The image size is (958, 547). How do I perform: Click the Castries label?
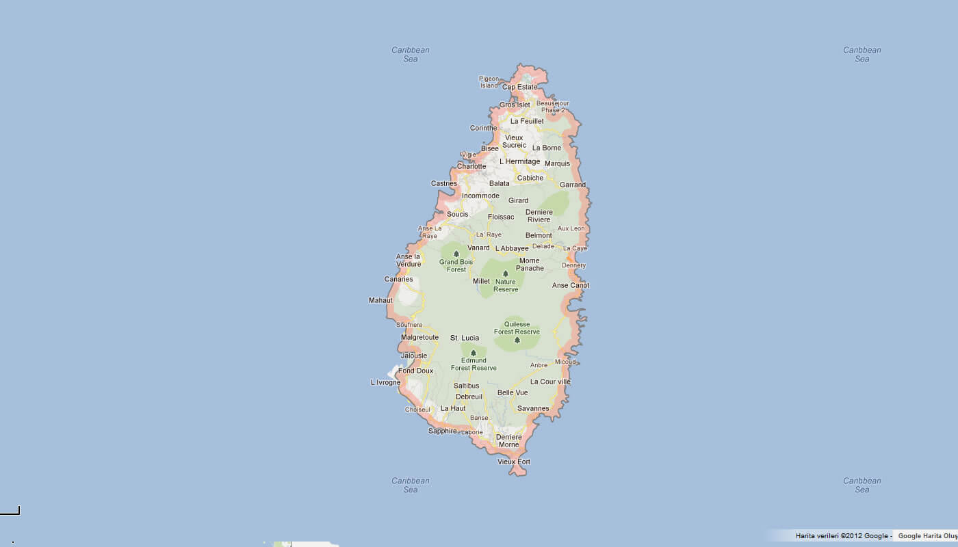click(x=443, y=183)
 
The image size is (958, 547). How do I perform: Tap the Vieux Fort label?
click(x=514, y=462)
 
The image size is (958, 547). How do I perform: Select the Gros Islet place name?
click(x=515, y=105)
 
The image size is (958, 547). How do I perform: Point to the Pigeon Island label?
click(x=489, y=82)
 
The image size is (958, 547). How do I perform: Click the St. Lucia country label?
click(x=465, y=338)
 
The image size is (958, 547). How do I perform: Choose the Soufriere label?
click(x=409, y=325)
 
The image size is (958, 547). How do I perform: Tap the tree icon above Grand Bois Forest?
click(x=456, y=254)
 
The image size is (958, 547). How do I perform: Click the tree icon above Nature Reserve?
click(x=506, y=273)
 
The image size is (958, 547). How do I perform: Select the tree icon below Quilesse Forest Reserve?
click(x=517, y=340)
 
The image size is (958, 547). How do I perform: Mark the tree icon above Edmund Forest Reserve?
click(x=474, y=353)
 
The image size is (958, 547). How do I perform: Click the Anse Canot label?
click(x=571, y=285)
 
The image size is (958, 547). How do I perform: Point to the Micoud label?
click(x=565, y=362)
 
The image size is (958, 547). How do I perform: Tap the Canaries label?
click(x=398, y=279)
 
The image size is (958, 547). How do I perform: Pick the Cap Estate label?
click(x=520, y=87)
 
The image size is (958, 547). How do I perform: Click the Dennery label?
click(x=573, y=265)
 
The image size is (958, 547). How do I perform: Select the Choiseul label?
click(x=417, y=410)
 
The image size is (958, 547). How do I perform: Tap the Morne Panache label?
click(x=530, y=265)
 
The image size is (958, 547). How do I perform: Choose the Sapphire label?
click(x=442, y=431)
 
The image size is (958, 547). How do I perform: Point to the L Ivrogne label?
click(x=385, y=382)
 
